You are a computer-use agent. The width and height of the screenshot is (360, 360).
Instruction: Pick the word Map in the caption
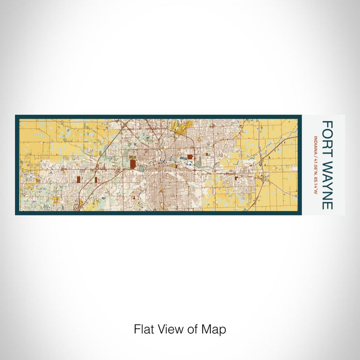coord(214,329)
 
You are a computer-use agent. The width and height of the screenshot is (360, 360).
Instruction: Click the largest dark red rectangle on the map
coord(133,165)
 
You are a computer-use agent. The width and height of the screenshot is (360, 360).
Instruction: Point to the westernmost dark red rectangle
coord(79,179)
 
